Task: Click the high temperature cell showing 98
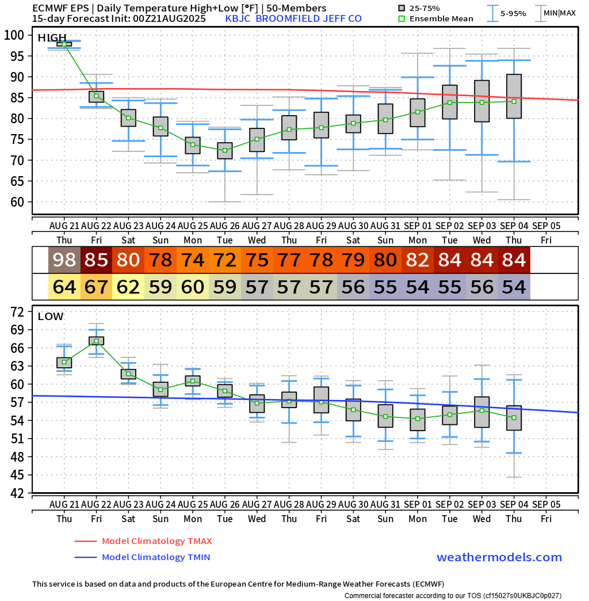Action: (x=64, y=260)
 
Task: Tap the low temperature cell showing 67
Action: (x=97, y=287)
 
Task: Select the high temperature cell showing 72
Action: (x=225, y=260)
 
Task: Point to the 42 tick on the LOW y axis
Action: (x=17, y=493)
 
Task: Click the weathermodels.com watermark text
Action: (x=499, y=557)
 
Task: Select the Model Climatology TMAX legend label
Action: (x=156, y=541)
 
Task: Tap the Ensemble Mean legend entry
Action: (x=441, y=18)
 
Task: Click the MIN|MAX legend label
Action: (x=560, y=13)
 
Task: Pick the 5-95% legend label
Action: (x=513, y=13)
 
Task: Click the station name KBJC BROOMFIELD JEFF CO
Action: (x=293, y=18)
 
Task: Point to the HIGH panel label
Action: (x=52, y=38)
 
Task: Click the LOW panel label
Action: (x=51, y=316)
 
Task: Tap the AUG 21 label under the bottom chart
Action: (x=64, y=504)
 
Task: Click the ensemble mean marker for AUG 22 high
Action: (x=97, y=96)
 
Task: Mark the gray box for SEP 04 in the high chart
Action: (x=514, y=96)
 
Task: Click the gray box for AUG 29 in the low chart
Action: (x=322, y=400)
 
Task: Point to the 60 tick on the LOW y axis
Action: (x=17, y=385)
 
